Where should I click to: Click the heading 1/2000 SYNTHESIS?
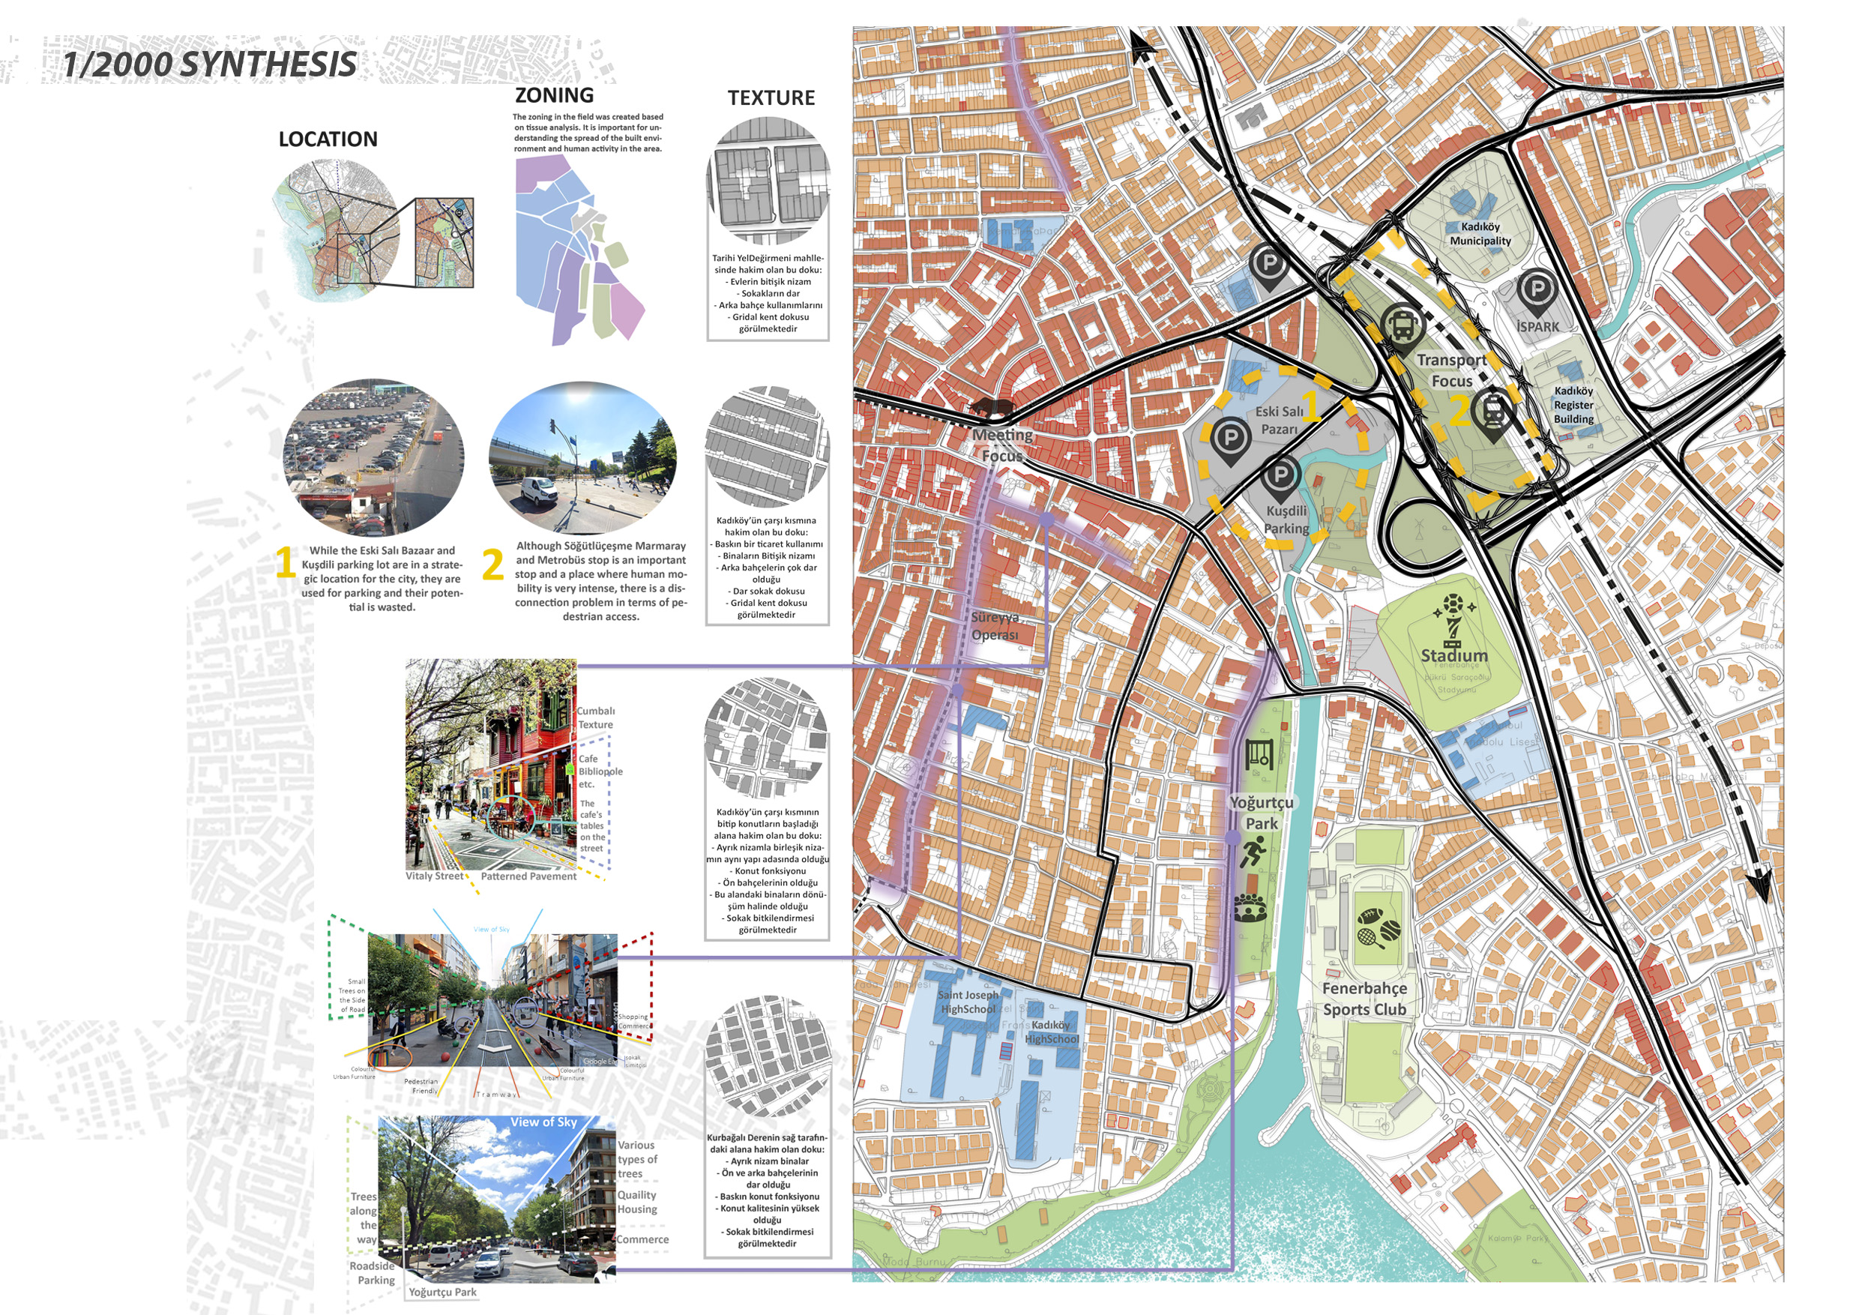(x=209, y=64)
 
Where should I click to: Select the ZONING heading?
(x=554, y=95)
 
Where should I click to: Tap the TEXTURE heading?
(x=771, y=98)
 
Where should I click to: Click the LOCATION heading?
(x=328, y=139)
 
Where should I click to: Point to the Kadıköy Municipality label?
(x=1480, y=234)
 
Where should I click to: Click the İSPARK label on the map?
(x=1537, y=327)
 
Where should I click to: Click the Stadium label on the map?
(x=1454, y=655)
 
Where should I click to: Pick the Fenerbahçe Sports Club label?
(x=1364, y=999)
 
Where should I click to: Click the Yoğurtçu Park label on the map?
(x=1262, y=812)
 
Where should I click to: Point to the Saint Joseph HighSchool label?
(x=968, y=1002)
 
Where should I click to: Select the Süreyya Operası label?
(x=995, y=626)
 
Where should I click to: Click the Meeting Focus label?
(x=1002, y=445)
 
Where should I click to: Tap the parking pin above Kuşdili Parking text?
(x=1280, y=478)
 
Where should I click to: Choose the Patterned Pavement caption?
(x=528, y=876)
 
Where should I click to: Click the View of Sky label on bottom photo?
(x=543, y=1122)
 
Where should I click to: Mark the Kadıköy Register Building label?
(x=1573, y=405)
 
